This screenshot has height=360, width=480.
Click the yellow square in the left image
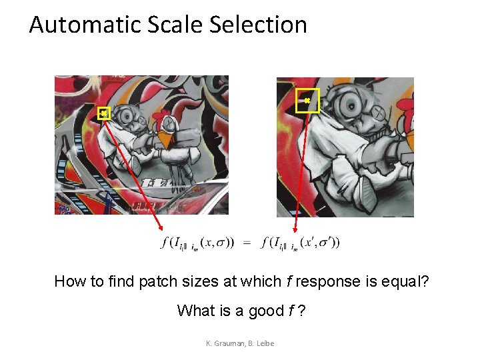103,113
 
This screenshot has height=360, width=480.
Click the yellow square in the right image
307,100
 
